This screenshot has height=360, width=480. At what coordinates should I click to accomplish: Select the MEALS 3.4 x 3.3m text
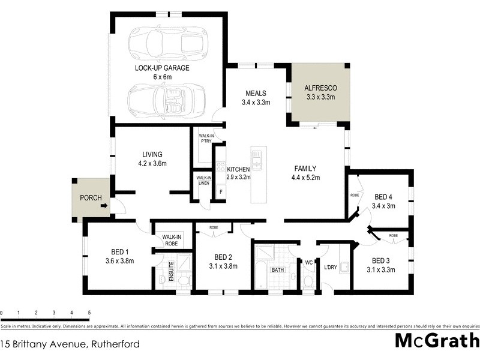[256, 97]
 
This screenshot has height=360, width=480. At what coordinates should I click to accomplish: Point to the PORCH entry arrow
[104, 206]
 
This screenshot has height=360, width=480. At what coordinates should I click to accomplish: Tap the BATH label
[277, 271]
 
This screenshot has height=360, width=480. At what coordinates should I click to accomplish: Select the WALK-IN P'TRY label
[205, 139]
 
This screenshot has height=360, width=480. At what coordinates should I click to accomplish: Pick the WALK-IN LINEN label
[204, 180]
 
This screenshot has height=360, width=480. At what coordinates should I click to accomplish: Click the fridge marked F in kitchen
[220, 192]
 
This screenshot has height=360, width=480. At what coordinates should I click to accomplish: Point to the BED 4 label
[383, 196]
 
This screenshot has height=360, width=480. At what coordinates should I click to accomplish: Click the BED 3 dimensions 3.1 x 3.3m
[382, 269]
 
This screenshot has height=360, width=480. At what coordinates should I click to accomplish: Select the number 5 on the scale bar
[89, 313]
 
